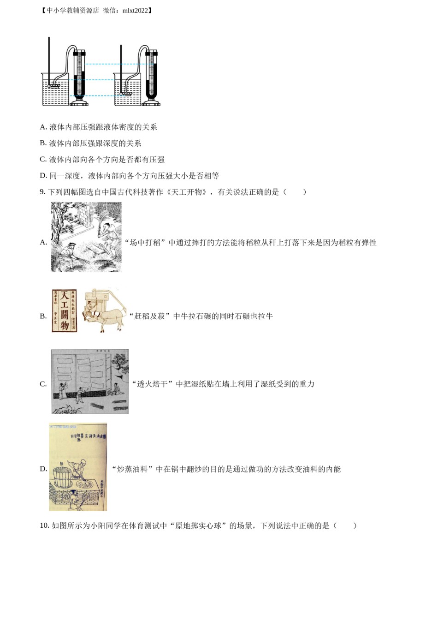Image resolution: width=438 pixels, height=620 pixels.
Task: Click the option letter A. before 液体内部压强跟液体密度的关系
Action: tap(43, 127)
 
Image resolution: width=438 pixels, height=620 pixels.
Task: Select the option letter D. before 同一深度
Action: tap(43, 176)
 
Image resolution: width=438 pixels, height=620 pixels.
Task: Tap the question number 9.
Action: tap(42, 192)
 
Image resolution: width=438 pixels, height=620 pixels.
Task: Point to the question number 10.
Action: tap(44, 525)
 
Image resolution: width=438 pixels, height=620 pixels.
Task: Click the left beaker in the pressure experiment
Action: tap(55, 90)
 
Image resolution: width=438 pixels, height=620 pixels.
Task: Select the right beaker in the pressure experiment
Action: tap(127, 90)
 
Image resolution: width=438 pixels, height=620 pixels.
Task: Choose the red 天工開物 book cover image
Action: tap(64, 310)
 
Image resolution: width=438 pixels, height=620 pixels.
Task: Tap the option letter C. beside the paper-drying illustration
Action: tap(43, 384)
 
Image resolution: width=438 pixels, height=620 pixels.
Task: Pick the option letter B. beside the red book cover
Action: tap(43, 316)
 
